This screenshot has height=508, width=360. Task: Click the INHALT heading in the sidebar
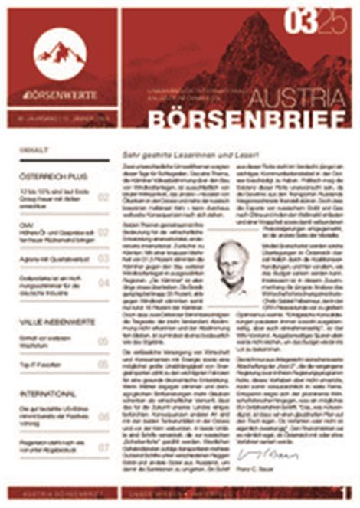tap(36, 150)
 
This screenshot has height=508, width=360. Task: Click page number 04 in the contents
tap(103, 283)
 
